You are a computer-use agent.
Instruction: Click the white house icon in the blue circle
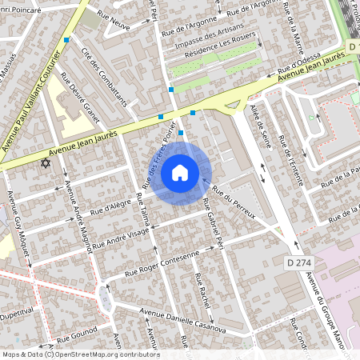pos(180,173)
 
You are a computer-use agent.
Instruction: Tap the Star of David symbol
pos(45,163)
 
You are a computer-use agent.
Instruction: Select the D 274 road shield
pos(298,262)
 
